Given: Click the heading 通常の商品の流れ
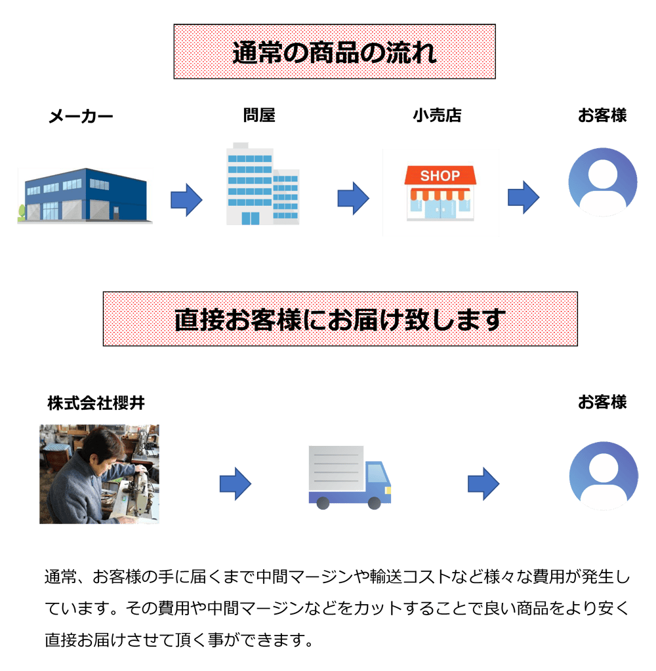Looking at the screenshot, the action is [334, 52].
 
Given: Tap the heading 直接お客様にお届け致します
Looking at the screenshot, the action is [340, 319].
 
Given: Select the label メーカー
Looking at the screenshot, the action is [81, 116].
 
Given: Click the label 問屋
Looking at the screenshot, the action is [259, 115].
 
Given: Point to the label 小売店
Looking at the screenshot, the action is [437, 115].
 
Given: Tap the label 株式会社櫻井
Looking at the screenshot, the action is [96, 403].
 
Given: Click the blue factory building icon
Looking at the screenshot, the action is [85, 195].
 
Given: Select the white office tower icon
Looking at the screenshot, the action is [262, 184].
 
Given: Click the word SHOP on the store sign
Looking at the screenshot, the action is [440, 175].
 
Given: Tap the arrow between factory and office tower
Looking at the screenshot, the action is [186, 200].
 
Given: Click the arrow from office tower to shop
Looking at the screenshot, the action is [353, 198].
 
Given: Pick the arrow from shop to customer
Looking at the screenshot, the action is [523, 197].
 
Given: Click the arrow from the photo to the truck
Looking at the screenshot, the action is [236, 484].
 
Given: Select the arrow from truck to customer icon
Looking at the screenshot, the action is [483, 484].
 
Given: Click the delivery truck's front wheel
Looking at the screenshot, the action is [375, 503].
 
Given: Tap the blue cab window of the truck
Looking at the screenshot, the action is [377, 474].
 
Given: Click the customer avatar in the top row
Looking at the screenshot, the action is [602, 182].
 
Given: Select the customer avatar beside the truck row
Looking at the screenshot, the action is [604, 476].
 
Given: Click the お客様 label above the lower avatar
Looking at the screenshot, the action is [602, 402].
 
